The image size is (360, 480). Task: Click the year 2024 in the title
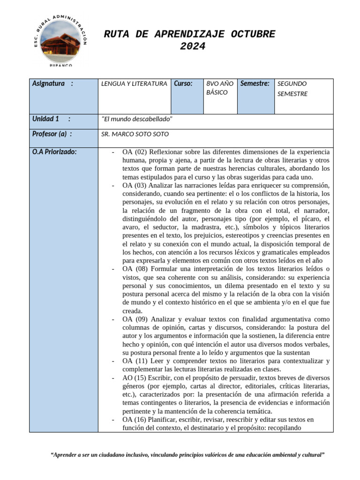192,46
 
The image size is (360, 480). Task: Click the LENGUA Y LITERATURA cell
134,84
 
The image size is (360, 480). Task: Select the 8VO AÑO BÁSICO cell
219,88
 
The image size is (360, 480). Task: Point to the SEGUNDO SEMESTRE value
292,89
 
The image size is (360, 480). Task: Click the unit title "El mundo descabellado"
137,119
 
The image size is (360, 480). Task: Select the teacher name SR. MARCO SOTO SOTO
135,134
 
